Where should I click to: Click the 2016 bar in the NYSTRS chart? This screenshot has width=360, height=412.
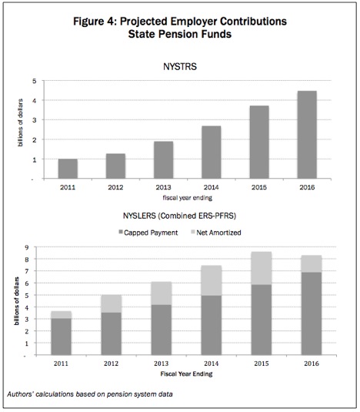307,135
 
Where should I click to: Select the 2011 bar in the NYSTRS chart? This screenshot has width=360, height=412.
68,169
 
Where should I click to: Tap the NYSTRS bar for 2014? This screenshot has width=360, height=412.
212,152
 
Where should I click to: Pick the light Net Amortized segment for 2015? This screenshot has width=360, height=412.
262,268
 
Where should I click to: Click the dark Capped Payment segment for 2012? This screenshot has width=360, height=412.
112,333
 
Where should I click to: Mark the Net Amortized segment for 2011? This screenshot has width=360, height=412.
61,315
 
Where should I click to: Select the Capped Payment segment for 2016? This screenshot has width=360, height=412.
312,313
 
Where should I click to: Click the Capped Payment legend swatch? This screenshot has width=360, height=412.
121,232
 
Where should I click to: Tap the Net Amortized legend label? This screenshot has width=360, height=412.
218,233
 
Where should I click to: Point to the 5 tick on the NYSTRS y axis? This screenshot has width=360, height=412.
35,81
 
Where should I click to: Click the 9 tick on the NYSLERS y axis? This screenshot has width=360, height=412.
27,247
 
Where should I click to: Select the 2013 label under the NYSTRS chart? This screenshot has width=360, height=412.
163,187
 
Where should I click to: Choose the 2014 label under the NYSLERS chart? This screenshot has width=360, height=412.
212,363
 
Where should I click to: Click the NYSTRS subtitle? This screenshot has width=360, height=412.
180,66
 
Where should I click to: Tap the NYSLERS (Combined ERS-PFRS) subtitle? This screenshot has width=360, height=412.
179,216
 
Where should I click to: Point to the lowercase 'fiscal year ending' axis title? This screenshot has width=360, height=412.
188,198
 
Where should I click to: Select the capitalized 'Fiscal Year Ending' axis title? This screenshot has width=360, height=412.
186,373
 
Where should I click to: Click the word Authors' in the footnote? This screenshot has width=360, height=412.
21,394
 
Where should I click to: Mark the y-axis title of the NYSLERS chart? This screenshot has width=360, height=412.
17,301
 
